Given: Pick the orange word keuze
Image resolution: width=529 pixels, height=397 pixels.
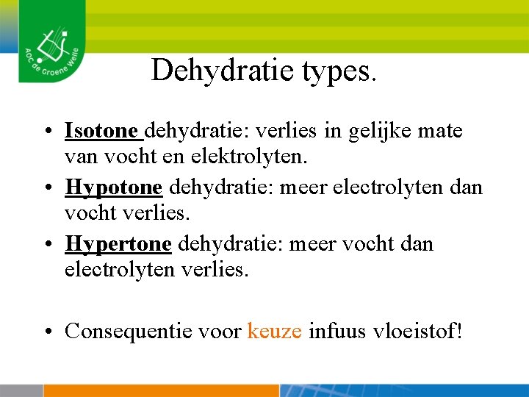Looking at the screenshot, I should (275, 332).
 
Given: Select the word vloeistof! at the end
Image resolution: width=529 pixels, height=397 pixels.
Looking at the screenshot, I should (417, 332).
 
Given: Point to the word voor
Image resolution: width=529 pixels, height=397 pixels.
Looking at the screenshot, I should (221, 332).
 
